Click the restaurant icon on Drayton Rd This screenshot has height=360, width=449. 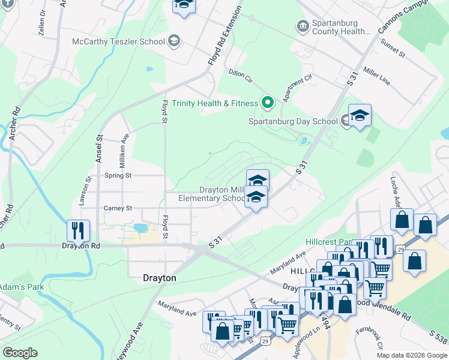coord(78,231)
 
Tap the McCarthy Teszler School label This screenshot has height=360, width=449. coord(118,41)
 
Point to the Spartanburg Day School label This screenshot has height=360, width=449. coord(294,121)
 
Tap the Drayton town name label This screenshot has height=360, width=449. coord(159,278)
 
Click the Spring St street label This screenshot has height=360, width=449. coord(118,176)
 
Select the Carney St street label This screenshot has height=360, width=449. coord(118,208)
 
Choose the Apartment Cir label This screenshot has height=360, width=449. coord(299,88)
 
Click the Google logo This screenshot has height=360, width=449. coord(20,353)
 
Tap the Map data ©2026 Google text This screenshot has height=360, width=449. coord(411,355)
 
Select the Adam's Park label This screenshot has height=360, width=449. coord(22,287)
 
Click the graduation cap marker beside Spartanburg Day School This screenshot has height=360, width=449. coord(360,116)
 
